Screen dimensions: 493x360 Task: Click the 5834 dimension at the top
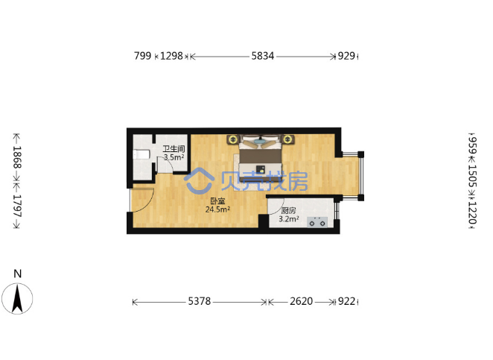pos(263,56)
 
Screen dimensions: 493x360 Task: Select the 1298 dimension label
pos(171,56)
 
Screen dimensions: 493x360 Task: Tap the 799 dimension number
pos(142,56)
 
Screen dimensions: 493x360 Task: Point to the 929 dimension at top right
pos(346,56)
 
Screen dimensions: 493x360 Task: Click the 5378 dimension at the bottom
pos(200,301)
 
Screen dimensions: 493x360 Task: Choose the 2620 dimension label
pos(301,301)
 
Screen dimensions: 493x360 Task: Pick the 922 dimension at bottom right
pos(346,301)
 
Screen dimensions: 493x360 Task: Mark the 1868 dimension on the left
pos(17,157)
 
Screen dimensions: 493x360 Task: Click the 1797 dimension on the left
pos(17,206)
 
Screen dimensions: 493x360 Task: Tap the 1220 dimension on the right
pos(472,212)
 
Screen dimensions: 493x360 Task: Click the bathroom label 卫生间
pos(174,149)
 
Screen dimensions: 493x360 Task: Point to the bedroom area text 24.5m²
pos(217,209)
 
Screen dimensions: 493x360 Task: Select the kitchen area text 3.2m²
pos(289,219)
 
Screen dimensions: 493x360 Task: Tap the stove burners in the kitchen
pos(317,222)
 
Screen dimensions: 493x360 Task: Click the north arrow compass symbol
pos(17,298)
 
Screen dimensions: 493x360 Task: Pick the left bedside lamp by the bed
pos(233,139)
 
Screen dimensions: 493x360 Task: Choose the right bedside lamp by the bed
pos(287,139)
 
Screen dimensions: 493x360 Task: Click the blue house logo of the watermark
pos(199,180)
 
